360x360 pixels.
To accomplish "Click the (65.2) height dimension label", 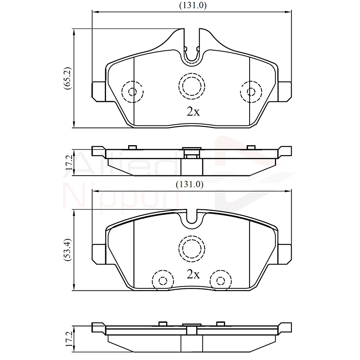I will point(68,78).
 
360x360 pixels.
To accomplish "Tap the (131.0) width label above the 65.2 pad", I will point(193,6).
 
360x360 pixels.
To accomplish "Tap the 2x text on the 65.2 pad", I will point(193,112).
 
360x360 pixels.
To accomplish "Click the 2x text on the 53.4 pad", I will point(193,274).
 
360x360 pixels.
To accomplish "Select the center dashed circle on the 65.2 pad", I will point(192,85).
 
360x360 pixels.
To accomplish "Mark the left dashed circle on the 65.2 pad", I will point(132,92).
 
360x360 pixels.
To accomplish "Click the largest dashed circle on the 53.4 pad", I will point(192,248).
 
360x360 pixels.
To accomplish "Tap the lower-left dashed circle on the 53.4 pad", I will point(163,280).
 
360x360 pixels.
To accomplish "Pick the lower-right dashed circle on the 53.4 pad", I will point(220,280).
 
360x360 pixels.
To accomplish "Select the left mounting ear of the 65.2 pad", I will point(99,91).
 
